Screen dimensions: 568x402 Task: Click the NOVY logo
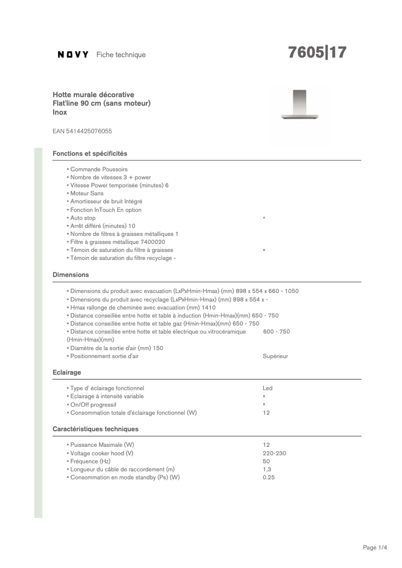click(x=73, y=55)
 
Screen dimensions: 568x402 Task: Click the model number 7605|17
click(x=317, y=53)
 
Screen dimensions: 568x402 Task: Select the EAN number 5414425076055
click(x=82, y=131)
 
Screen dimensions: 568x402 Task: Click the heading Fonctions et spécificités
click(x=90, y=153)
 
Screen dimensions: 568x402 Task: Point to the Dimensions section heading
click(x=71, y=274)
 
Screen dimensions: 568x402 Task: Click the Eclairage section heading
click(x=67, y=372)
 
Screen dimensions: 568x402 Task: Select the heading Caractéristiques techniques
click(x=95, y=429)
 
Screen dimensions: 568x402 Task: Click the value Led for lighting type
click(x=268, y=388)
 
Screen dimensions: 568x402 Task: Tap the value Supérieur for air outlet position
click(x=275, y=356)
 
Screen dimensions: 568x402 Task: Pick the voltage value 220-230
click(x=274, y=453)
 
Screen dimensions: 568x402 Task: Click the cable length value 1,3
click(x=267, y=469)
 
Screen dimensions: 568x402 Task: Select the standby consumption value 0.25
click(x=269, y=477)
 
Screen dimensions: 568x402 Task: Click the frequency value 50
click(x=266, y=461)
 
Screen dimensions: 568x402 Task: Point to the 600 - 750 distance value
click(x=276, y=332)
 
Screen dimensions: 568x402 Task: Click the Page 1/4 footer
click(x=375, y=547)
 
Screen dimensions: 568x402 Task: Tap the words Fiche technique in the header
click(x=121, y=55)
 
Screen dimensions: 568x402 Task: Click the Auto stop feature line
click(x=83, y=218)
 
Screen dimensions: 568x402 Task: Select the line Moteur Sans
click(x=87, y=193)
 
